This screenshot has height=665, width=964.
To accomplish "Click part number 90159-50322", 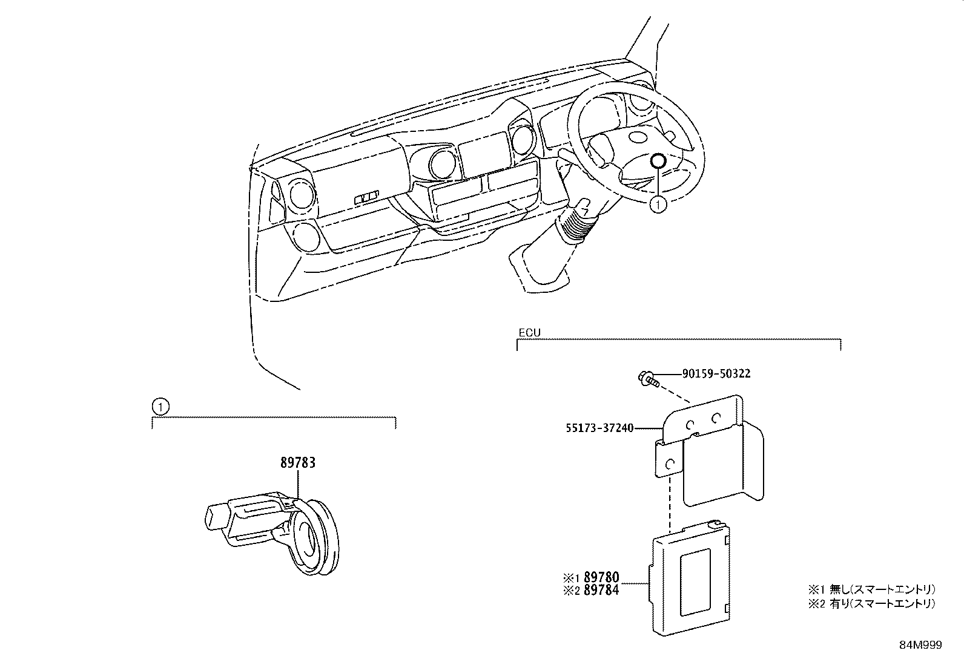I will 716,374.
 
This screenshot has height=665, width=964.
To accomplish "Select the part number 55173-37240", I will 599,428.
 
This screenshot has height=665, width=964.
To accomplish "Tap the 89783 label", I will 298,463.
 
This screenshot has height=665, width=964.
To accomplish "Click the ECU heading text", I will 529,333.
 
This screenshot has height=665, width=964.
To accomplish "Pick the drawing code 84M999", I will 920,646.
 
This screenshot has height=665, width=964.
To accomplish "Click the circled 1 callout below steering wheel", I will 658,205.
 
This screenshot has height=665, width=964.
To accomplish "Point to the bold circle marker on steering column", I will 658,161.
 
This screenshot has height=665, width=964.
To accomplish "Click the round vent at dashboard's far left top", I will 301,195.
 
